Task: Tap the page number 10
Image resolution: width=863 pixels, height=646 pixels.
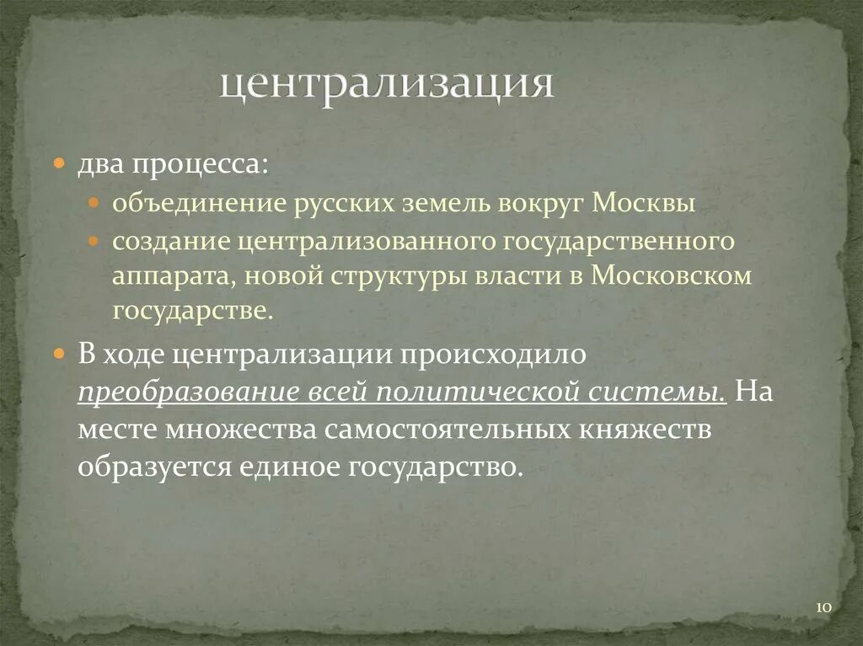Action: (823, 607)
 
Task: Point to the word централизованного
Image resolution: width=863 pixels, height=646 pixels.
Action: (367, 242)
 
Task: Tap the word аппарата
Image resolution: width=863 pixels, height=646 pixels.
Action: (162, 276)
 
